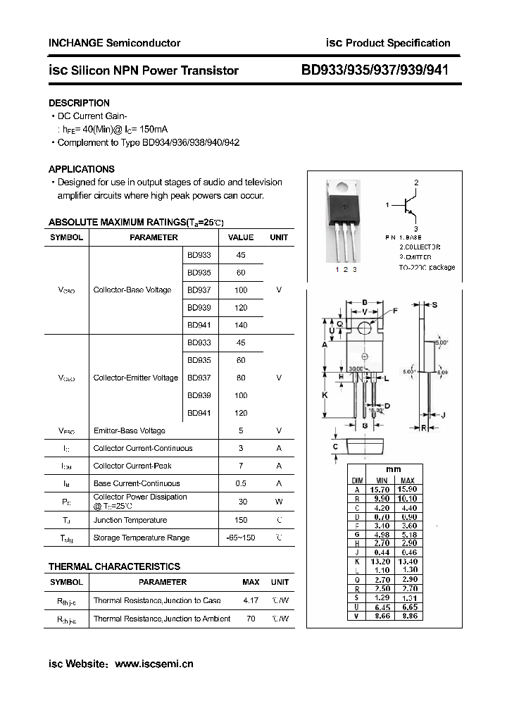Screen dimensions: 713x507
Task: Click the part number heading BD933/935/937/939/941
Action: [x=375, y=70]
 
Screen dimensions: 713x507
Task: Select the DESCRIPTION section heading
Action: [x=79, y=103]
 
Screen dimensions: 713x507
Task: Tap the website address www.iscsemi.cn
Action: [x=154, y=664]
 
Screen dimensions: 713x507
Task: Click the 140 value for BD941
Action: [x=241, y=325]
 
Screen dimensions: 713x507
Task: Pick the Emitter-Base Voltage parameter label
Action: [x=129, y=430]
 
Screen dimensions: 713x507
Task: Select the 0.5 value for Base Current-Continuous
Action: [x=241, y=483]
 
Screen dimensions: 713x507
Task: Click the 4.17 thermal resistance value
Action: [x=250, y=600]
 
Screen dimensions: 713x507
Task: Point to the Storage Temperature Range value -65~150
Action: [x=241, y=538]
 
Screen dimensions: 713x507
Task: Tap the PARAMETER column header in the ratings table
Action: [x=154, y=237]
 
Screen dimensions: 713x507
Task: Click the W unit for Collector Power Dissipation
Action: [x=279, y=502]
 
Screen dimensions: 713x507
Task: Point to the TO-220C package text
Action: [x=427, y=268]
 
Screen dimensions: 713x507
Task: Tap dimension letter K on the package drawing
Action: [x=325, y=395]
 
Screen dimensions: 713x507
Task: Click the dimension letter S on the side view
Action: [x=434, y=304]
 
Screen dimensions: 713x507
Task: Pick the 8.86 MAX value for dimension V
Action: [x=407, y=615]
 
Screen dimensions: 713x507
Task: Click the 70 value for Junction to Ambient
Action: [x=250, y=619]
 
